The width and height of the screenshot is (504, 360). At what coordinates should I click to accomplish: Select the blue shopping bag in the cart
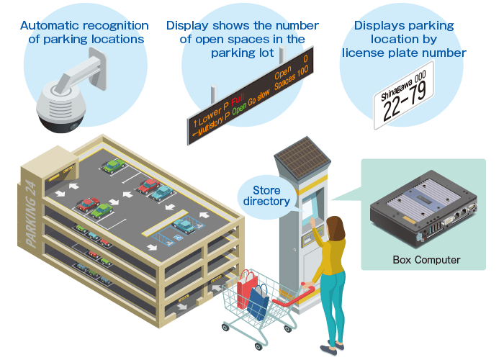[x=258, y=302]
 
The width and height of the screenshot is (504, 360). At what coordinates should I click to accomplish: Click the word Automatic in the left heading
[x=51, y=25]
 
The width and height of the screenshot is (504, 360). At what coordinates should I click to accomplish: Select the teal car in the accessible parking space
[x=184, y=225]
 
